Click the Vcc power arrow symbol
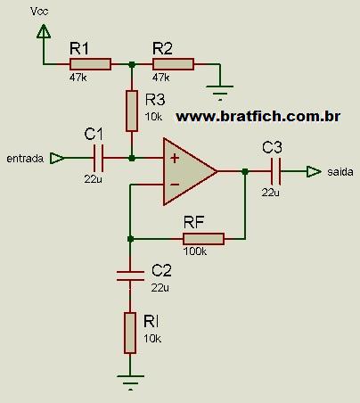point(44,31)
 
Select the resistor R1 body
point(90,64)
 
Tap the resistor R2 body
point(173,64)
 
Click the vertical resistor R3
point(132,111)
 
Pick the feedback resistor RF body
point(203,239)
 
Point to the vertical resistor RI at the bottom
point(130,333)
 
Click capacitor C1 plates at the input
point(98,158)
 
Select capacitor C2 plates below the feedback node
point(130,276)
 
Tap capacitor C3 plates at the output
point(275,171)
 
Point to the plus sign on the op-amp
point(175,158)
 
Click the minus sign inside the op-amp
point(175,185)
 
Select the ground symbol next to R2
point(220,92)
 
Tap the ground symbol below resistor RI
point(130,382)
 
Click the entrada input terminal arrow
point(57,158)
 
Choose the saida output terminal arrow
point(314,171)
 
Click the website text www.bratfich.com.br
point(258,116)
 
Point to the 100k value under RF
point(195,251)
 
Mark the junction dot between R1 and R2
point(132,64)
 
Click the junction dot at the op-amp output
point(245,171)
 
